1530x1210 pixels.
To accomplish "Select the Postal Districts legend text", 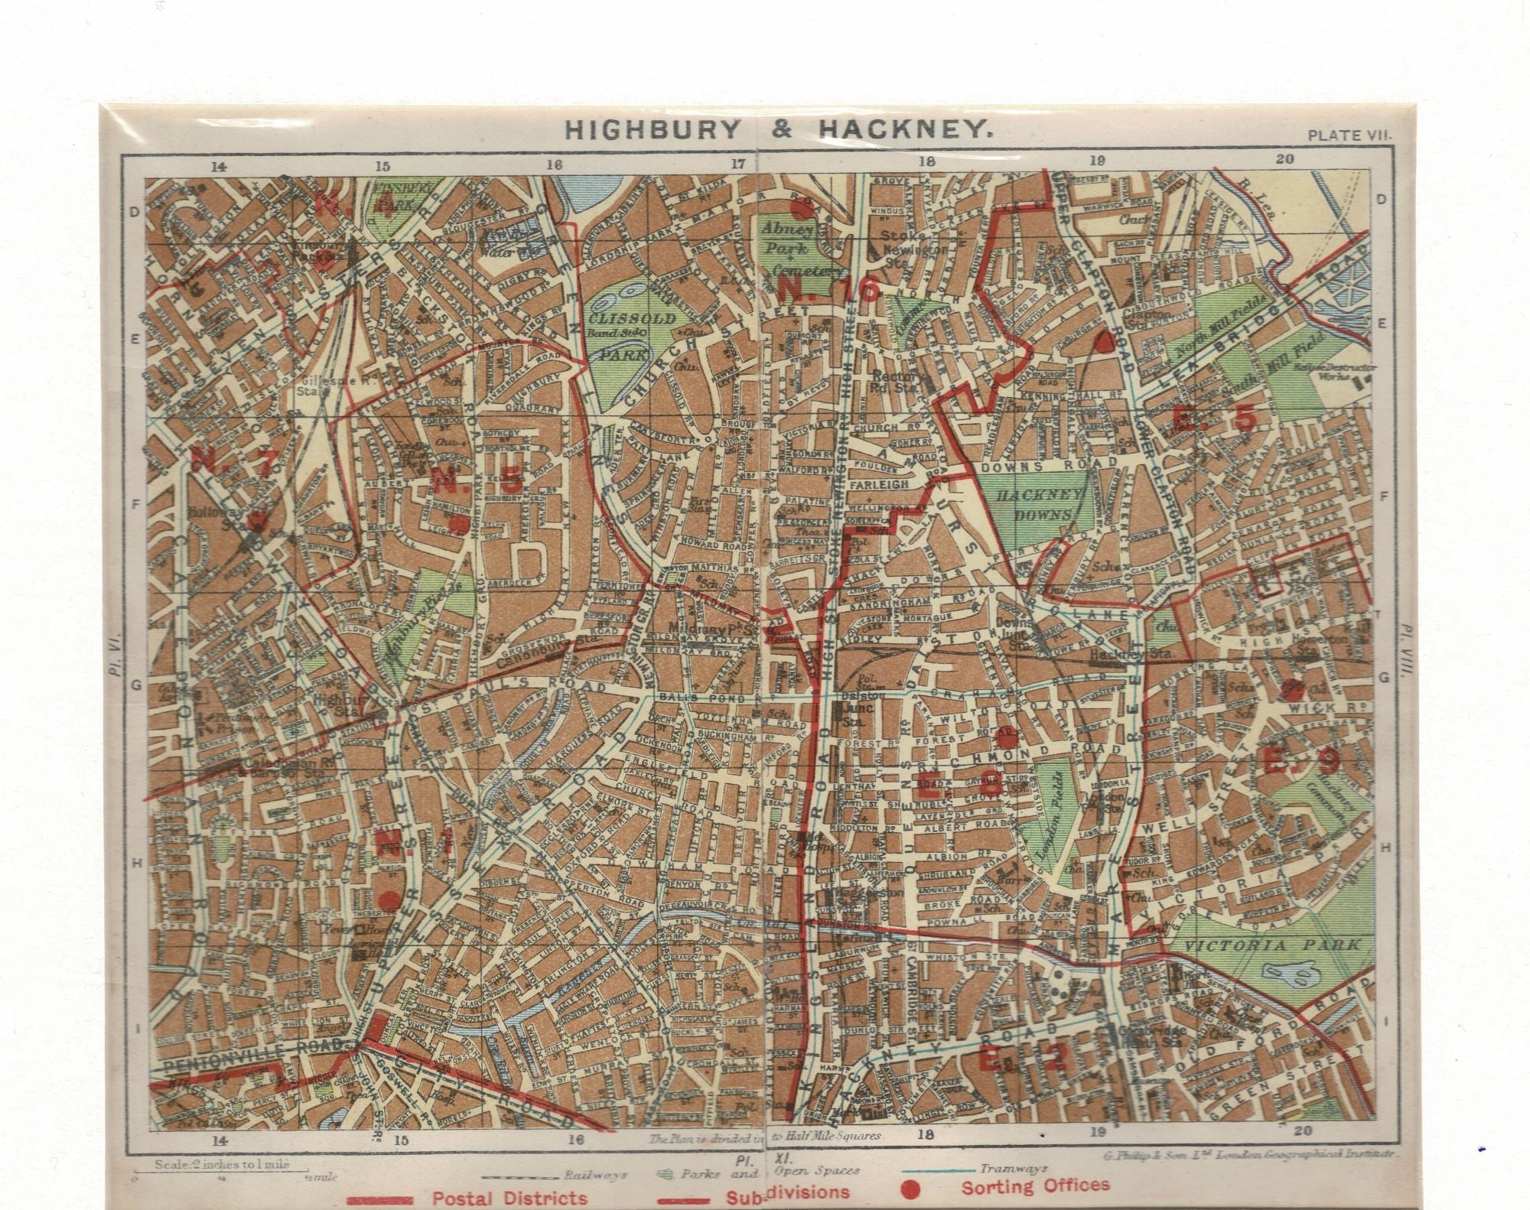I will [x=509, y=1198].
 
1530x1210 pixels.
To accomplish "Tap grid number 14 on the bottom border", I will [x=220, y=1141].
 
